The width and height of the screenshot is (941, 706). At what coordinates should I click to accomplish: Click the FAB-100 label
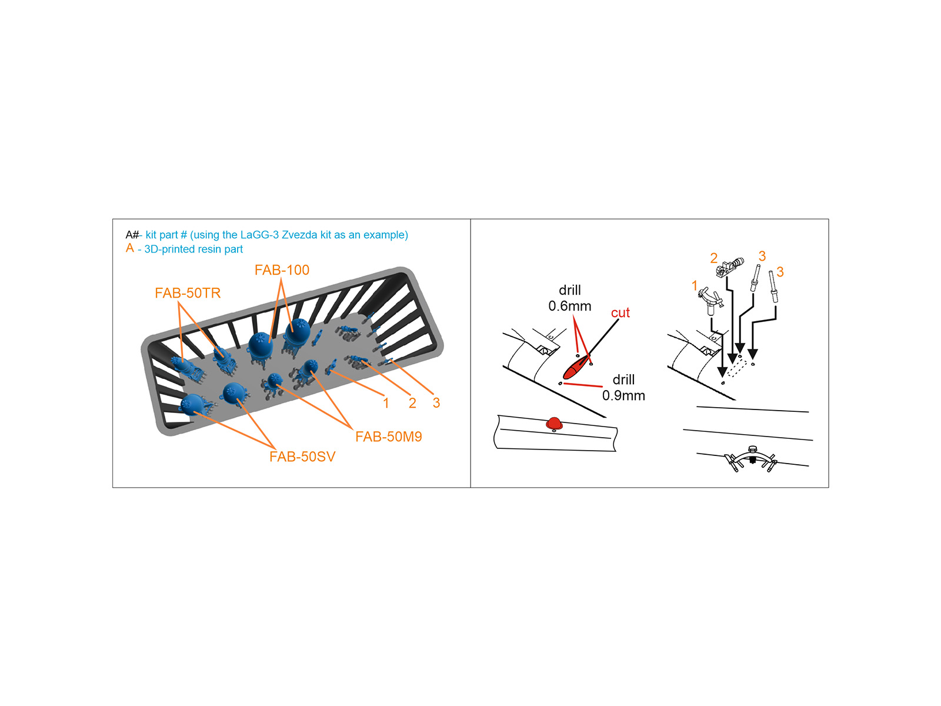click(x=282, y=270)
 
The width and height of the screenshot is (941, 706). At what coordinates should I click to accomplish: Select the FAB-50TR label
click(x=188, y=293)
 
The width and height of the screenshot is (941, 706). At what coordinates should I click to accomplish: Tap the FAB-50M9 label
click(x=388, y=437)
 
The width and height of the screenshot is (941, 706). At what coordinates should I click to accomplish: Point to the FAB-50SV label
click(x=302, y=457)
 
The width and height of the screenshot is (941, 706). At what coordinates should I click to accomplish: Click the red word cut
click(x=620, y=313)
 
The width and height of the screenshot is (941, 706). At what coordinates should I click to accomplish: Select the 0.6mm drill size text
click(x=570, y=306)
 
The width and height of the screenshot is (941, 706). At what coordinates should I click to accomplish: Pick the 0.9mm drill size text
click(x=623, y=395)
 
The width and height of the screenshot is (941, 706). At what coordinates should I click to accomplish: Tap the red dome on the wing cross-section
click(x=554, y=424)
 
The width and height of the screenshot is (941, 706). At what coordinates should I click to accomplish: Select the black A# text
click(x=132, y=235)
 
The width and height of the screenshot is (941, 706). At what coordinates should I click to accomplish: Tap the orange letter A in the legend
click(x=130, y=248)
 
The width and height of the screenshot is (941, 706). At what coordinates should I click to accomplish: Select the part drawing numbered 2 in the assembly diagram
click(x=729, y=268)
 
